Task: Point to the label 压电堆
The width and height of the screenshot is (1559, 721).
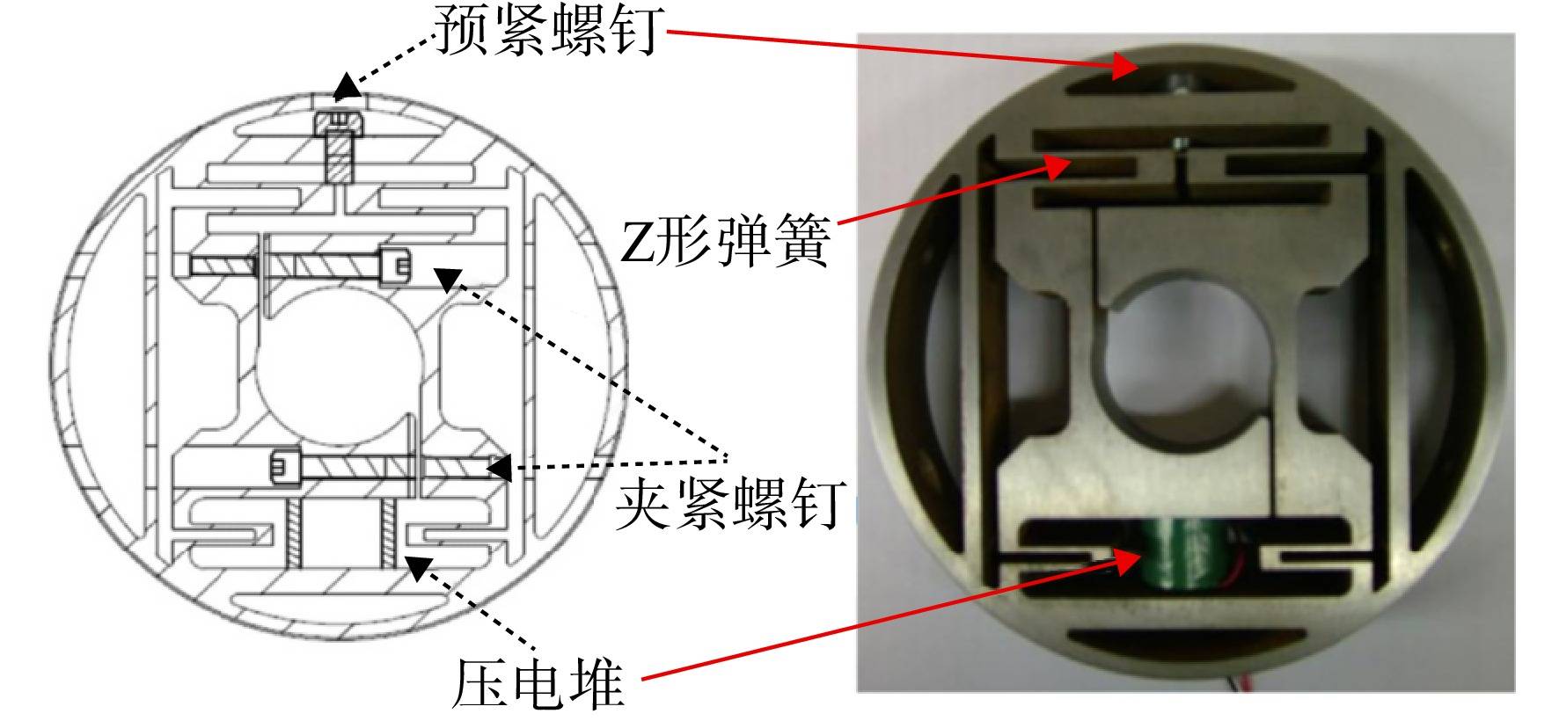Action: click(538, 681)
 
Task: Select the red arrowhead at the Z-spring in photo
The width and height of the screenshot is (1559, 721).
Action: click(1057, 164)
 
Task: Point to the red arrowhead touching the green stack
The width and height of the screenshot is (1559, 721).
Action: click(1128, 563)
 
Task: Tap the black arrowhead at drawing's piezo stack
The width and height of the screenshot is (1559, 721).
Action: click(417, 565)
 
